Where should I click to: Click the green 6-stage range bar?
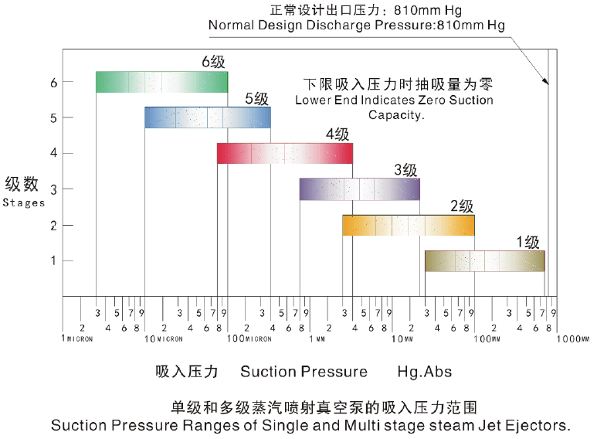pyautogui.click(x=161, y=82)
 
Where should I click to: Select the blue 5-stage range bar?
pyautogui.click(x=207, y=117)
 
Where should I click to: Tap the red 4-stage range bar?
pyautogui.click(x=284, y=153)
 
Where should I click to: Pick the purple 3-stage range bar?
pyautogui.click(x=359, y=189)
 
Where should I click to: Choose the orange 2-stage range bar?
pyautogui.click(x=408, y=225)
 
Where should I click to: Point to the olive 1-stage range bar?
pyautogui.click(x=484, y=261)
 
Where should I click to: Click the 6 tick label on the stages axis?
pyautogui.click(x=53, y=82)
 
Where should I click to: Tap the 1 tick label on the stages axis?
pyautogui.click(x=53, y=260)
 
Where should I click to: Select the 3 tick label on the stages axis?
pyautogui.click(x=53, y=189)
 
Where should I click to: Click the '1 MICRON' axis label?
pyautogui.click(x=78, y=339)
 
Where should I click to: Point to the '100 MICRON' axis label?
pyautogui.click(x=249, y=339)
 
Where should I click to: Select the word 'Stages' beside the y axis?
pyautogui.click(x=23, y=203)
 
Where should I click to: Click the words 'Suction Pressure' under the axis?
pyautogui.click(x=304, y=372)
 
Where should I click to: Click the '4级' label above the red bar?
pyautogui.click(x=338, y=134)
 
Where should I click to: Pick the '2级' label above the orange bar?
pyautogui.click(x=461, y=206)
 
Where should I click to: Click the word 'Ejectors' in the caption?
pyautogui.click(x=540, y=425)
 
